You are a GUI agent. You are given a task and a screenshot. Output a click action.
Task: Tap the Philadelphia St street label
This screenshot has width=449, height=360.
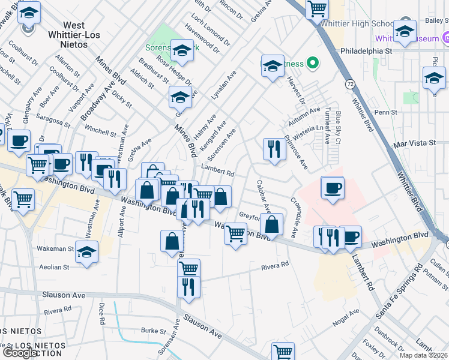coord(366,51)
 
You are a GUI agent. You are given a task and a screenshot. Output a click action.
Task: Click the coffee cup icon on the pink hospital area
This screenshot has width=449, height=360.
coord(333,187)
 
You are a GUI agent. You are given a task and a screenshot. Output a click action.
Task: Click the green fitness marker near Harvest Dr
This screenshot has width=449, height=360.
coord(312,62)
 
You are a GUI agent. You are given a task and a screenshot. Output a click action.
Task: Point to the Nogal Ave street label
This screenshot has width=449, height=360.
coord(346,317)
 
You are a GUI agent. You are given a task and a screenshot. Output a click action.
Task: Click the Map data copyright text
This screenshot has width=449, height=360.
coord(424,355)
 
